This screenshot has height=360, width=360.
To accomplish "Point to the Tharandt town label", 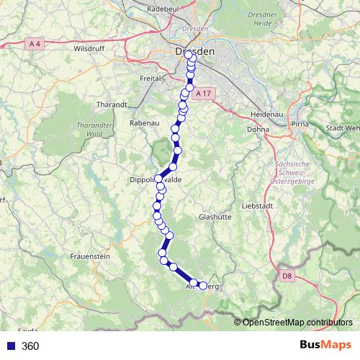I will click(x=111, y=104).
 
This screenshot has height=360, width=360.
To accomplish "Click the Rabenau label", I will click(x=143, y=124).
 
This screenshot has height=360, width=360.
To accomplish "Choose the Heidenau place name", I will click(x=265, y=115).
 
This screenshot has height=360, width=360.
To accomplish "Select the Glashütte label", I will click(x=215, y=216).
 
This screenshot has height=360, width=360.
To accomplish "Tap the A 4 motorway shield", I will click(x=35, y=44).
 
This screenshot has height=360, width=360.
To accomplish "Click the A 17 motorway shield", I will click(x=206, y=94).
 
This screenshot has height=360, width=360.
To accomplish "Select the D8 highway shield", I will click(x=287, y=275).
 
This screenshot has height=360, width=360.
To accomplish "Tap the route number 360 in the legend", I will click(x=30, y=346).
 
